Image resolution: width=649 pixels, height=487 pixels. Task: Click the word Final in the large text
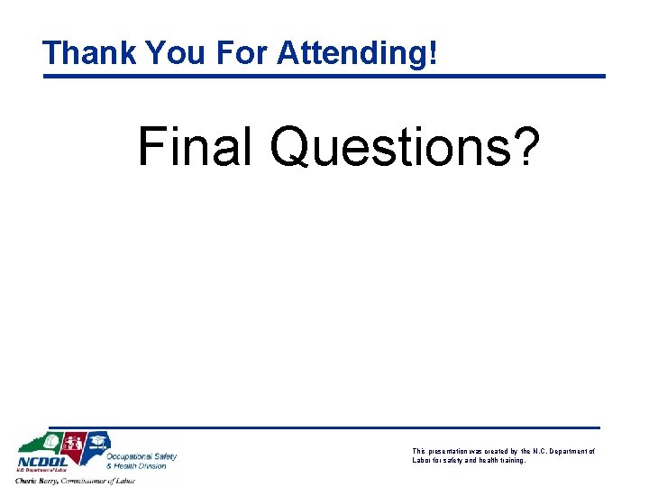tap(194, 146)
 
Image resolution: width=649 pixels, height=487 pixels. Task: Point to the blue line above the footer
tap(324, 427)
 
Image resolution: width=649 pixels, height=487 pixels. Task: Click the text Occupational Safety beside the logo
tap(142, 456)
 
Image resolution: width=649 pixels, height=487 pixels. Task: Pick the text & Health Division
tap(137, 466)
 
